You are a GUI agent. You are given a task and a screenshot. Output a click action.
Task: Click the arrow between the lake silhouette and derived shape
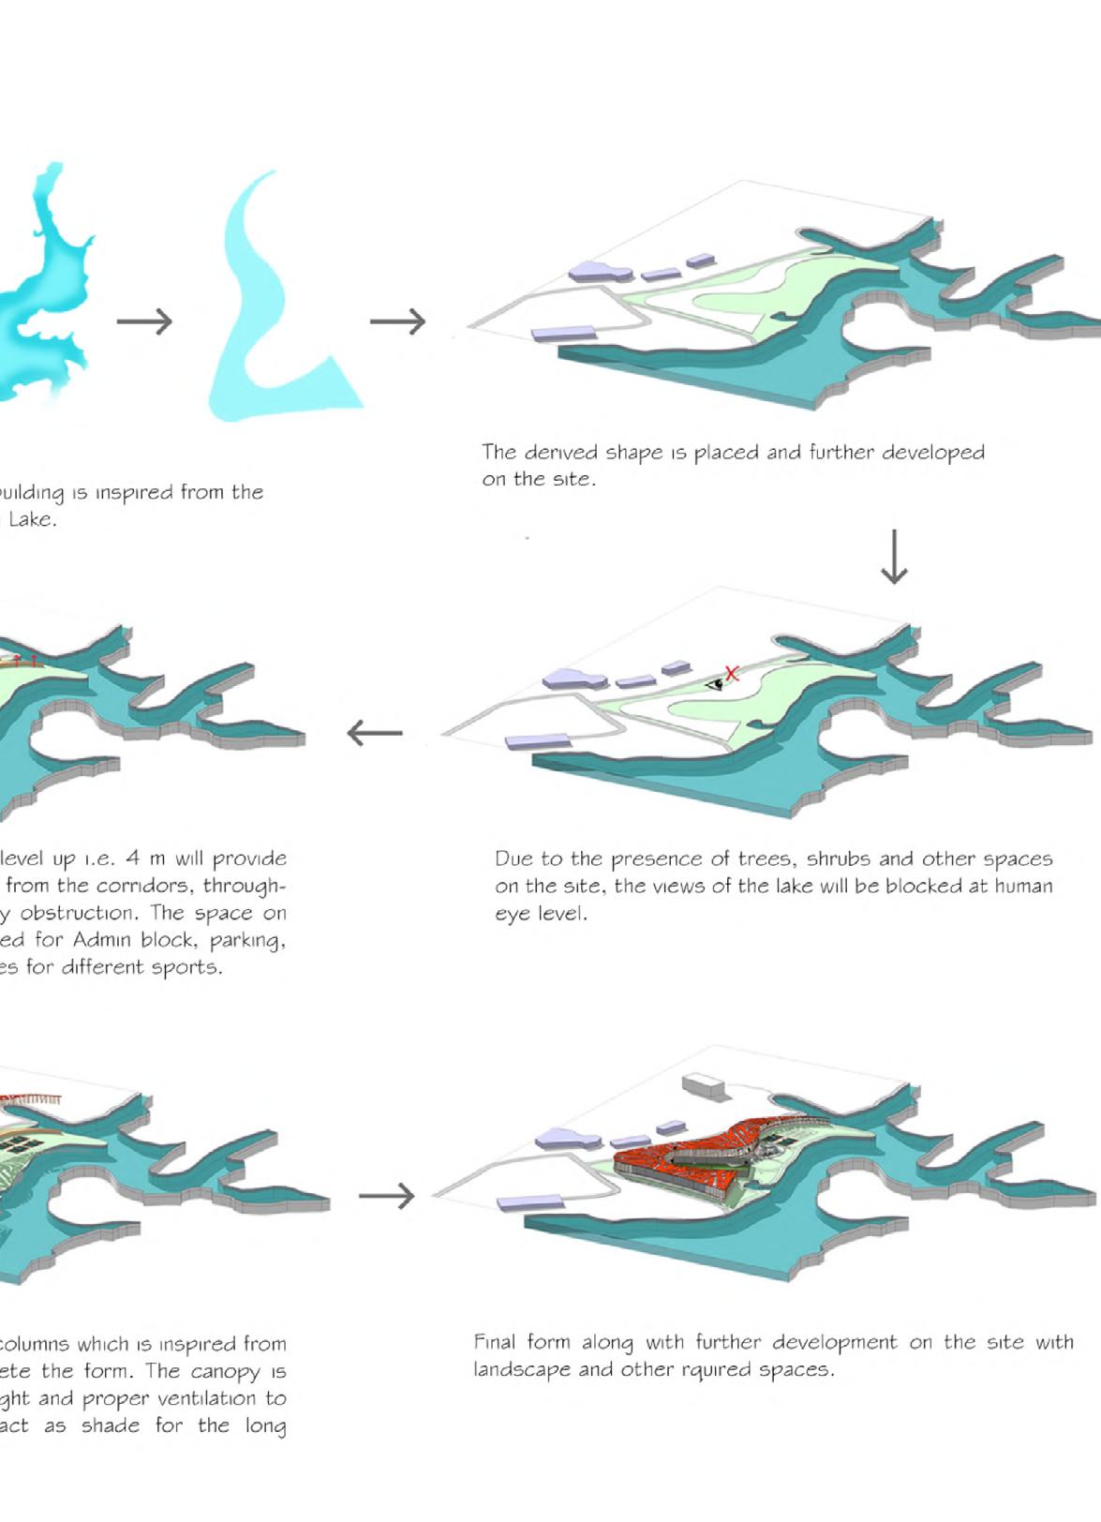click(x=145, y=321)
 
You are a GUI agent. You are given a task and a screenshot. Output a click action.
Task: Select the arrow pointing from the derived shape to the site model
click(x=398, y=321)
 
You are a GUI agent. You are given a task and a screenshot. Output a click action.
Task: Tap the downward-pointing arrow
click(x=894, y=557)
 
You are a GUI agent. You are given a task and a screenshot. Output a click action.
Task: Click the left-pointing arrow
click(x=375, y=732)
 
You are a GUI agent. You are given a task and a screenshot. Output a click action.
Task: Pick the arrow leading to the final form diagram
click(x=386, y=1196)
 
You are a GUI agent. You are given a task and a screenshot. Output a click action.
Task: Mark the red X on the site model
click(x=732, y=673)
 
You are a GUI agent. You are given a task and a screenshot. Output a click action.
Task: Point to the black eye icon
click(x=716, y=683)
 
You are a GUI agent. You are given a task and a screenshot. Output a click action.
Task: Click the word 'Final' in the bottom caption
click(x=494, y=1342)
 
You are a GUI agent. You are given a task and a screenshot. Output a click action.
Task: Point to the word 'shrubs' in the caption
click(x=838, y=859)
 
